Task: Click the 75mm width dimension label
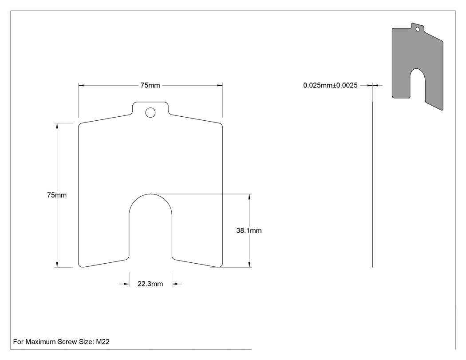tap(150, 85)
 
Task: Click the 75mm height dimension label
tap(57, 195)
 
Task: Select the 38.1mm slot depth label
tap(249, 230)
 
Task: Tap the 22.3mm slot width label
tap(150, 284)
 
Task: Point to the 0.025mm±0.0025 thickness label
tap(330, 85)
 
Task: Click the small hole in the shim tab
tap(150, 113)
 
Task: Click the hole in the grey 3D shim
tap(418, 29)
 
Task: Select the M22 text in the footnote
tap(103, 341)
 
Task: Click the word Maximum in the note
tap(40, 341)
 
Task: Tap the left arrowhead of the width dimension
tap(81, 85)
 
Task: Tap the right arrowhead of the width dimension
tap(220, 85)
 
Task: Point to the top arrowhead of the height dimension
tap(57, 126)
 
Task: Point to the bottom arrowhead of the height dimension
tap(57, 264)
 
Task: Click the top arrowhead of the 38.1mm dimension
tap(249, 197)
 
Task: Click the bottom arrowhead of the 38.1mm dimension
tap(249, 264)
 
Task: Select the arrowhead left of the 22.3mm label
tap(126, 284)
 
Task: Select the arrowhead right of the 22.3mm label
tap(175, 284)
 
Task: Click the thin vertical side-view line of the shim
tap(373, 184)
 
